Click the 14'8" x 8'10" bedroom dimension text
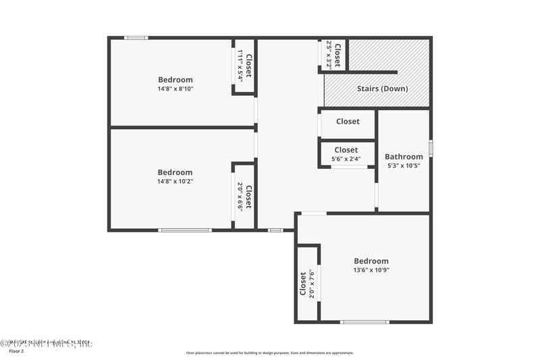pyautogui.click(x=175, y=88)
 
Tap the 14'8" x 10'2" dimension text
pyautogui.click(x=175, y=181)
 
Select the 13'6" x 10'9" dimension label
pyautogui.click(x=371, y=270)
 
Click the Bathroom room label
pyautogui.click(x=404, y=157)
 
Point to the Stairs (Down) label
pyautogui.click(x=382, y=88)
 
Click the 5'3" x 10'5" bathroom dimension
pyautogui.click(x=404, y=165)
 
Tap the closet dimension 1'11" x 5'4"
pyautogui.click(x=240, y=67)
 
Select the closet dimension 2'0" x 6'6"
pyautogui.click(x=240, y=196)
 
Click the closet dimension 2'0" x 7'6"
pyautogui.click(x=311, y=284)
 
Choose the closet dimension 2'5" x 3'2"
pyautogui.click(x=329, y=55)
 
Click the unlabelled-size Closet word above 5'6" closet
pyautogui.click(x=348, y=122)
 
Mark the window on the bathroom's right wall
pyautogui.click(x=431, y=148)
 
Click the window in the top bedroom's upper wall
pyautogui.click(x=136, y=38)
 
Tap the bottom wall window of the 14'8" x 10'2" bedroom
pyautogui.click(x=184, y=230)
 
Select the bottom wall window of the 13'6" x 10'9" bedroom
pyautogui.click(x=364, y=322)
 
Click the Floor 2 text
pyautogui.click(x=16, y=352)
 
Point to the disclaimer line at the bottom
pyautogui.click(x=269, y=353)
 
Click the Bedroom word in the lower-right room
pyautogui.click(x=371, y=261)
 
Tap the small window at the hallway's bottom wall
pyautogui.click(x=275, y=230)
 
